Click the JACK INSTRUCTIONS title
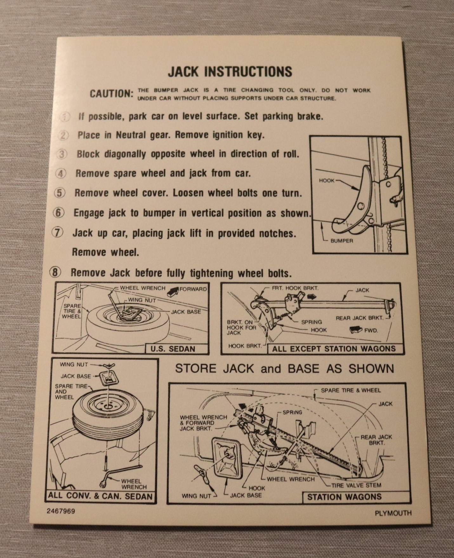click(x=230, y=71)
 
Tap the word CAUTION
click(x=111, y=94)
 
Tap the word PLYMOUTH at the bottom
click(x=393, y=513)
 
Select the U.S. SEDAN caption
click(x=173, y=349)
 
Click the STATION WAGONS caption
click(x=344, y=497)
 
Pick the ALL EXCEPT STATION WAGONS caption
click(x=334, y=349)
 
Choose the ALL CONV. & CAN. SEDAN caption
click(x=100, y=496)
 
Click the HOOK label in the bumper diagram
click(x=327, y=180)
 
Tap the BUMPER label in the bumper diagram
click(x=342, y=241)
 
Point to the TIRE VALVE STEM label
click(x=356, y=485)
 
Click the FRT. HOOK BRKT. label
click(x=295, y=288)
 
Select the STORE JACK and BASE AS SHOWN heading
click(x=285, y=369)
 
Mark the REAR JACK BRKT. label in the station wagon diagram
click(x=376, y=440)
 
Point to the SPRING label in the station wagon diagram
click(x=292, y=412)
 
